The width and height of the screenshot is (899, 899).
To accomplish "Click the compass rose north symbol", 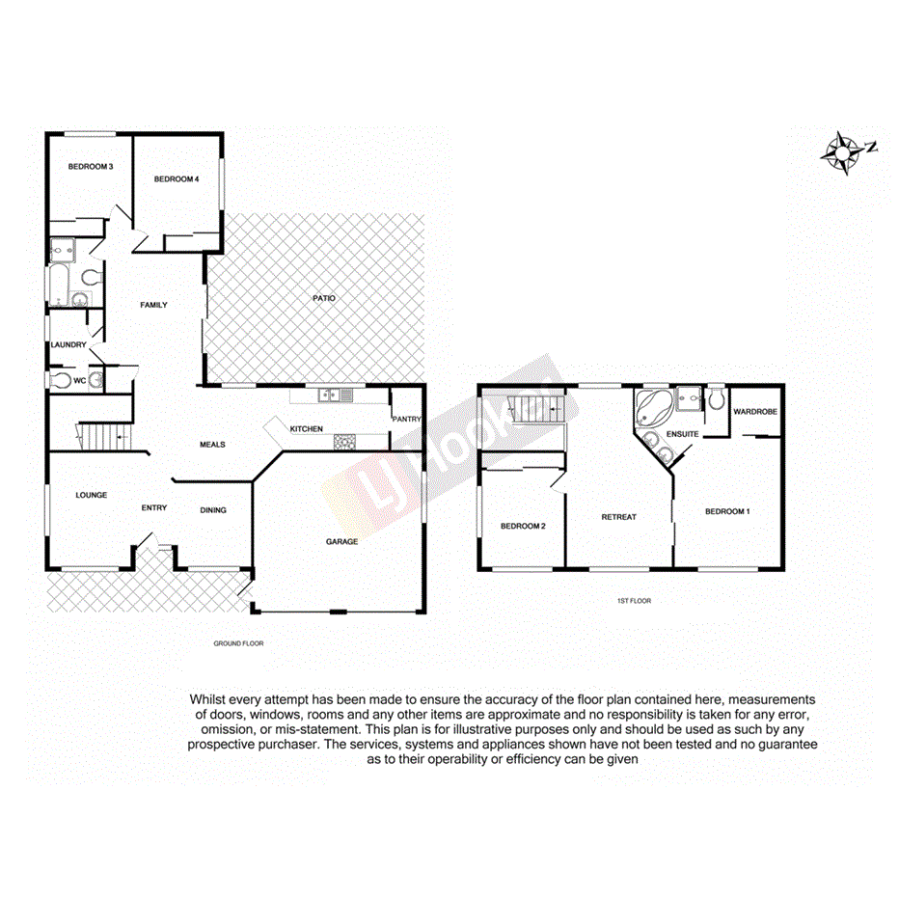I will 846,151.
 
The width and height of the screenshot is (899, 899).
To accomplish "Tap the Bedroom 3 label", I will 91,167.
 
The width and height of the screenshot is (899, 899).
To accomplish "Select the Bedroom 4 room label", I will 177,178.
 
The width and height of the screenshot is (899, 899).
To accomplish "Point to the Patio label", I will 323,298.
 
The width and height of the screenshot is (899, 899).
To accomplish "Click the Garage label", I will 341,541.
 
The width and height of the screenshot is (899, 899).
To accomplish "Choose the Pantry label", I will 406,420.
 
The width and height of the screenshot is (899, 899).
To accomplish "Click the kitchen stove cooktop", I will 344,442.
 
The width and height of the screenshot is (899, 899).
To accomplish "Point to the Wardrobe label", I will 753,412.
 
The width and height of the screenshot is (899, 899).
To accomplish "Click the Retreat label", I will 618,516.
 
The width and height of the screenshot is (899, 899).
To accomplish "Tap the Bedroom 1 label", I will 727,511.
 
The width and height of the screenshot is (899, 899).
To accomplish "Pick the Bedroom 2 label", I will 523,526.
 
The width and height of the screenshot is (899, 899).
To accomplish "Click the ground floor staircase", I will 102,437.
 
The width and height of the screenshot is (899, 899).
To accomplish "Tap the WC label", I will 80,380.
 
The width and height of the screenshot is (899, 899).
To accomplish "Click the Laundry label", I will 69,344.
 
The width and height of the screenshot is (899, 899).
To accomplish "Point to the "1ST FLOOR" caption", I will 634,600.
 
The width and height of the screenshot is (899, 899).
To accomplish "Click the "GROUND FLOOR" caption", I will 238,642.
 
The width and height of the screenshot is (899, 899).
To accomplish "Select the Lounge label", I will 92,495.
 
